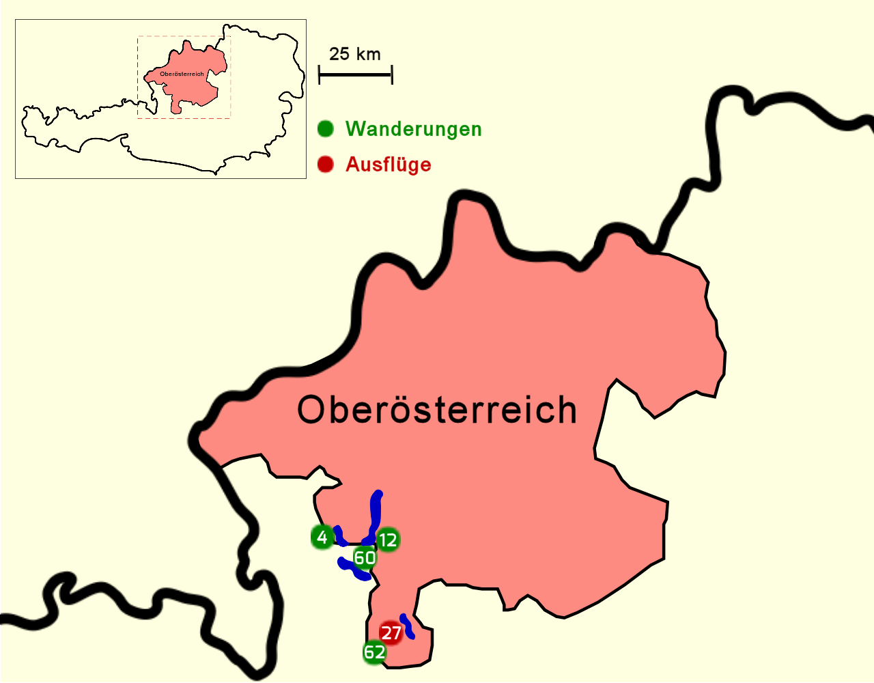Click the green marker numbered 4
pos(322,537)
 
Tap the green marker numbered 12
pos(387,540)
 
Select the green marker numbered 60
pos(365,558)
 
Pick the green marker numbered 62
pos(374,652)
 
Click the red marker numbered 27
pos(391,633)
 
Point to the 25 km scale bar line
pos(355,74)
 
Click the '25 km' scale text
pos(354,55)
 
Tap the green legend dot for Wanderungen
pos(326,128)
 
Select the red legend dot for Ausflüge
pos(326,164)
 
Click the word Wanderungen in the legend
pos(413,129)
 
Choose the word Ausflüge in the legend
pos(388,165)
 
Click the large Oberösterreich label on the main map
pos(437,410)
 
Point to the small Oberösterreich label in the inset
pos(182,74)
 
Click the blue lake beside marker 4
pos(339,535)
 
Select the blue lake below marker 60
pos(355,570)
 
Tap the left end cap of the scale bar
pos(320,74)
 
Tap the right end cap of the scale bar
pos(392,74)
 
